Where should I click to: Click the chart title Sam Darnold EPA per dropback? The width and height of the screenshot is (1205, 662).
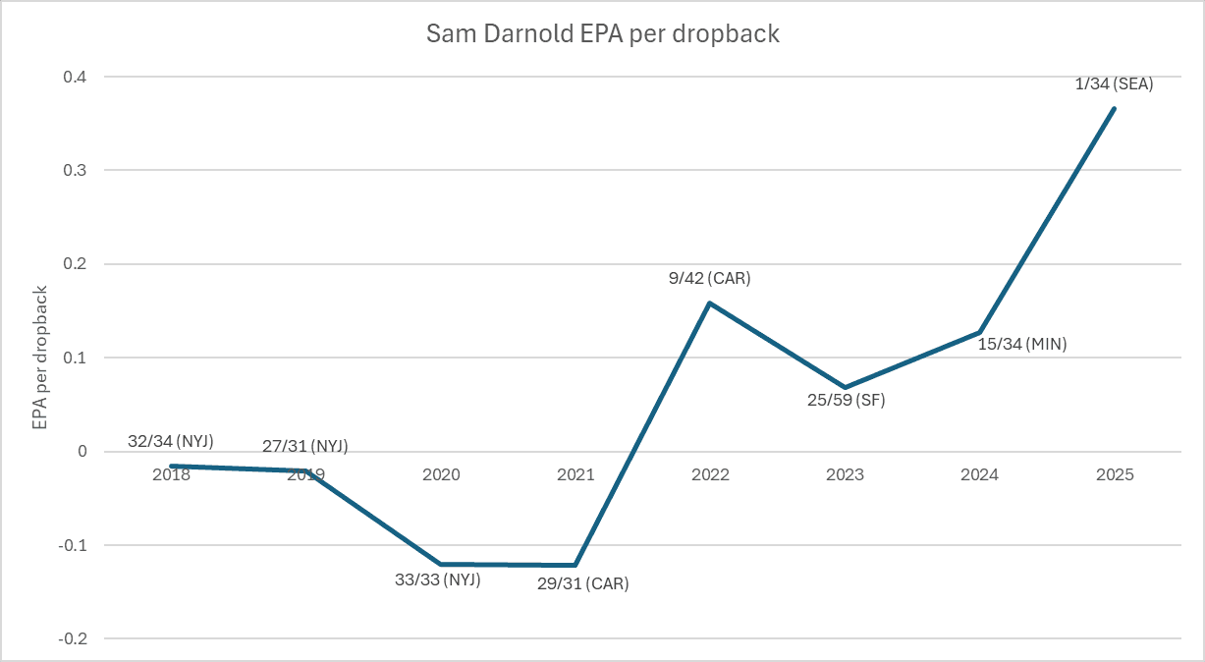pyautogui.click(x=602, y=33)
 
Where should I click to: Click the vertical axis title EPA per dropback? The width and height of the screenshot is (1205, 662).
pyautogui.click(x=40, y=358)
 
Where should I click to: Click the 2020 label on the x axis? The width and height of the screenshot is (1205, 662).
pyautogui.click(x=441, y=475)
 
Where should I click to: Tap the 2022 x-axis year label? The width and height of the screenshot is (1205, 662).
pyautogui.click(x=710, y=475)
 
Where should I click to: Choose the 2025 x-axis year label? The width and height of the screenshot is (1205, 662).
pyautogui.click(x=1115, y=475)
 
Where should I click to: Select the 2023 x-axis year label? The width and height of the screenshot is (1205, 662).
pyautogui.click(x=845, y=475)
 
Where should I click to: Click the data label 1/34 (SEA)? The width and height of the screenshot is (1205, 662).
pyautogui.click(x=1114, y=84)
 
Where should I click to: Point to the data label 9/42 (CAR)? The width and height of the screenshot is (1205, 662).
pyautogui.click(x=710, y=278)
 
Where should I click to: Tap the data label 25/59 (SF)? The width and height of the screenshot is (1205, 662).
pyautogui.click(x=845, y=401)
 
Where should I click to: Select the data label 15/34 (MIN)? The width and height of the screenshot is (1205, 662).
pyautogui.click(x=1021, y=345)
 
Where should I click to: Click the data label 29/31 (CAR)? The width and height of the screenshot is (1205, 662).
pyautogui.click(x=583, y=583)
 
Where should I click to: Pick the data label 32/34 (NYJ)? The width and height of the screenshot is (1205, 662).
pyautogui.click(x=171, y=442)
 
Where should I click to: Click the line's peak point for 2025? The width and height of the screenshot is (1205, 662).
pyautogui.click(x=1115, y=108)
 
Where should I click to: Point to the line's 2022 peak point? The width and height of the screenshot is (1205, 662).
pyautogui.click(x=710, y=303)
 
